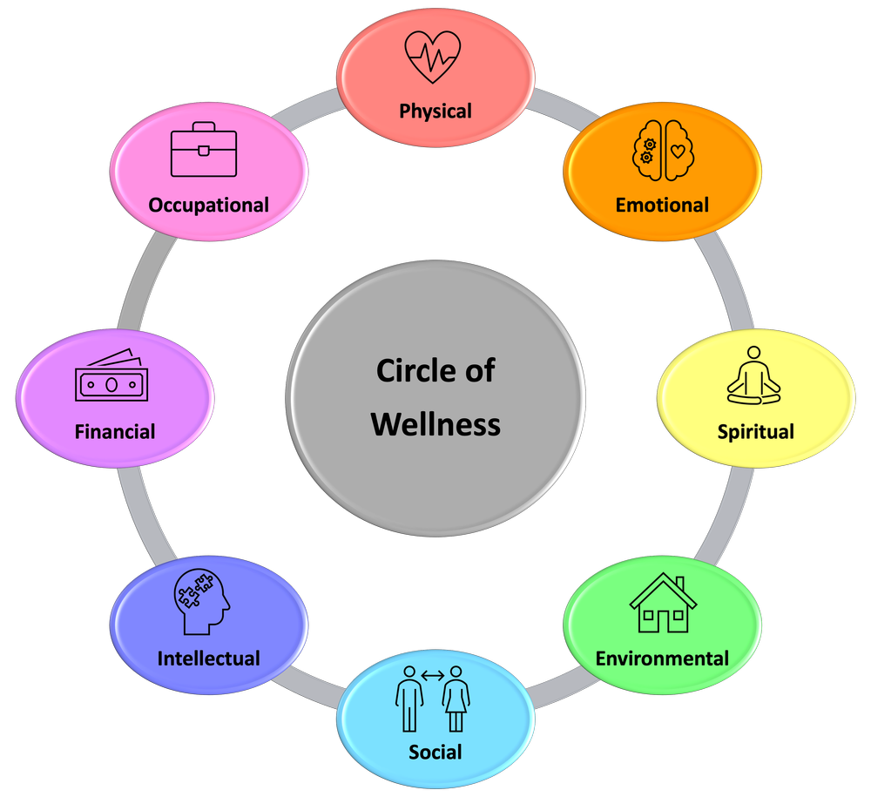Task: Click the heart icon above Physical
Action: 433,57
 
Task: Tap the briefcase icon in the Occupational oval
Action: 203,150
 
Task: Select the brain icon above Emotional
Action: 663,150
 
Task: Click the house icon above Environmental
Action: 663,602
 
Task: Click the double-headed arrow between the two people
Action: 433,675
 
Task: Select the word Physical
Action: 435,111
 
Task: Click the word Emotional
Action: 662,206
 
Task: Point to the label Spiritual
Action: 755,431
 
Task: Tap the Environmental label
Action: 662,658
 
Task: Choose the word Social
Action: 435,751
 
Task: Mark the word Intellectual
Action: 208,658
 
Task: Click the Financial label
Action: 115,431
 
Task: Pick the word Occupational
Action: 208,206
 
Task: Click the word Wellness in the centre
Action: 435,424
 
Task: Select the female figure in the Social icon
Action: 456,694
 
